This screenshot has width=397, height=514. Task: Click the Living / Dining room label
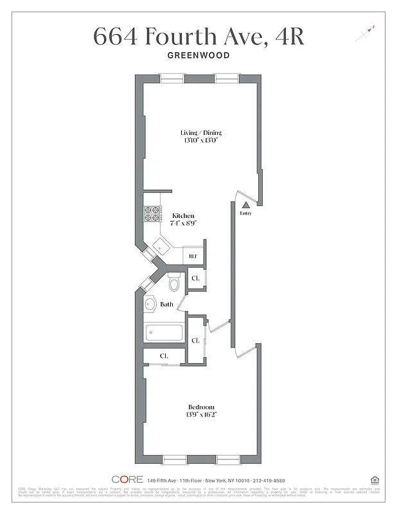pyautogui.click(x=200, y=132)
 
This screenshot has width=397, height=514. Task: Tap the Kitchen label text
pyautogui.click(x=183, y=216)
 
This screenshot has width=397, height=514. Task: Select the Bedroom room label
pyautogui.click(x=201, y=407)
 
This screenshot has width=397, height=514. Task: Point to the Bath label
pyautogui.click(x=166, y=305)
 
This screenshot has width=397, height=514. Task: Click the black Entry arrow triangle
pyautogui.click(x=245, y=204)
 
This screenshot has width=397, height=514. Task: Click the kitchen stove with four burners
pyautogui.click(x=152, y=213)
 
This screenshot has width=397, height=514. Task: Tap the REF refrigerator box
pyautogui.click(x=193, y=256)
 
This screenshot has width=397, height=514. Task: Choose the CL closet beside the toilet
pyautogui.click(x=196, y=278)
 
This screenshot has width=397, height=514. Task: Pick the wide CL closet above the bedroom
pyautogui.click(x=164, y=355)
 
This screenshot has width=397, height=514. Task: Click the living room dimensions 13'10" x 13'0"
pyautogui.click(x=200, y=141)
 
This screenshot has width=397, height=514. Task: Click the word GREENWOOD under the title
pyautogui.click(x=198, y=55)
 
